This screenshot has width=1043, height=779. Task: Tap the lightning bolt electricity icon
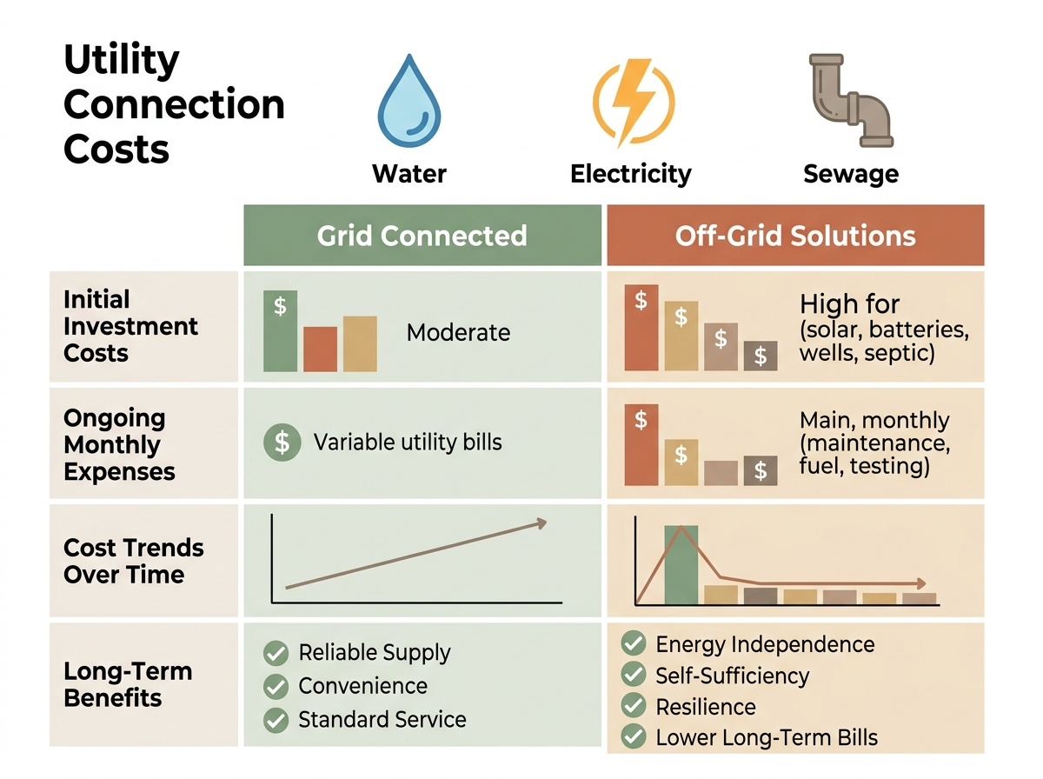pyautogui.click(x=633, y=103)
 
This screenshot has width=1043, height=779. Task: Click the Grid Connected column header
pyautogui.click(x=422, y=236)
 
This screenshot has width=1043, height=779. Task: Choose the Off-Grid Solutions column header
pyautogui.click(x=795, y=236)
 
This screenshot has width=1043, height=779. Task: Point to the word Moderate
pyautogui.click(x=458, y=333)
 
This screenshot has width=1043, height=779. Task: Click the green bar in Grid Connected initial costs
pyautogui.click(x=280, y=331)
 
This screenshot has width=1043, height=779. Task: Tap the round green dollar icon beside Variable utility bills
pyautogui.click(x=282, y=442)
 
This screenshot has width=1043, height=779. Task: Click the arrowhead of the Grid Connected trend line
pyautogui.click(x=541, y=523)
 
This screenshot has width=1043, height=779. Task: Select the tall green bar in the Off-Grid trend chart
pyautogui.click(x=681, y=564)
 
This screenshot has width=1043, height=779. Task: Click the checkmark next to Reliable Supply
pyautogui.click(x=276, y=653)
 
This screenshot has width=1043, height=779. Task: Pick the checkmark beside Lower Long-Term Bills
pyautogui.click(x=634, y=738)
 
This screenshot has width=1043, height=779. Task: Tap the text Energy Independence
pyautogui.click(x=765, y=644)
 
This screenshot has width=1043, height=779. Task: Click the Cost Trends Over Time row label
pyautogui.click(x=134, y=561)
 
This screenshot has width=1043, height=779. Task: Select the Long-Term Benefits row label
pyautogui.click(x=116, y=684)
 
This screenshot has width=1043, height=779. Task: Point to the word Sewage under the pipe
pyautogui.click(x=850, y=174)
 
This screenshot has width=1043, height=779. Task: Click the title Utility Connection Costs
pyautogui.click(x=174, y=105)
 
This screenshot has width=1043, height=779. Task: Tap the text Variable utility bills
pyautogui.click(x=408, y=442)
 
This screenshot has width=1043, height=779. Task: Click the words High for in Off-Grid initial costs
pyautogui.click(x=849, y=304)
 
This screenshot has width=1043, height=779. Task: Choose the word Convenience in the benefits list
pyautogui.click(x=362, y=686)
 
